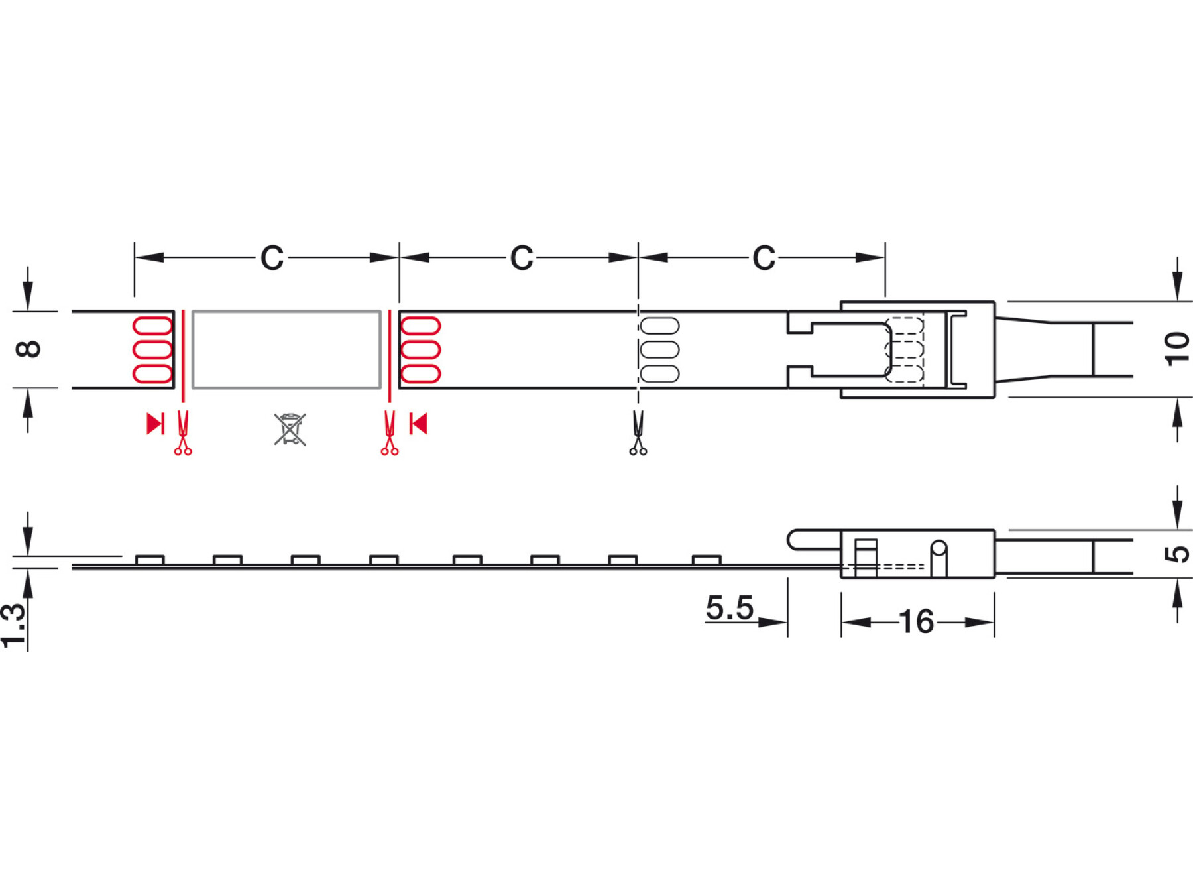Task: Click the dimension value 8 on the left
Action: tap(28, 349)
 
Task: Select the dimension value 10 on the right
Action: tap(1177, 349)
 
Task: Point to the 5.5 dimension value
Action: tap(730, 607)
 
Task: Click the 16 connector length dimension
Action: tap(917, 622)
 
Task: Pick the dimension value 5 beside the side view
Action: tap(1177, 554)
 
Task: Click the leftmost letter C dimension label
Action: tap(272, 258)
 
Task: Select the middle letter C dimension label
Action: tap(522, 258)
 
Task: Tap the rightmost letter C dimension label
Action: tap(764, 258)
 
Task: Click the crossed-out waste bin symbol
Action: tap(290, 429)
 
